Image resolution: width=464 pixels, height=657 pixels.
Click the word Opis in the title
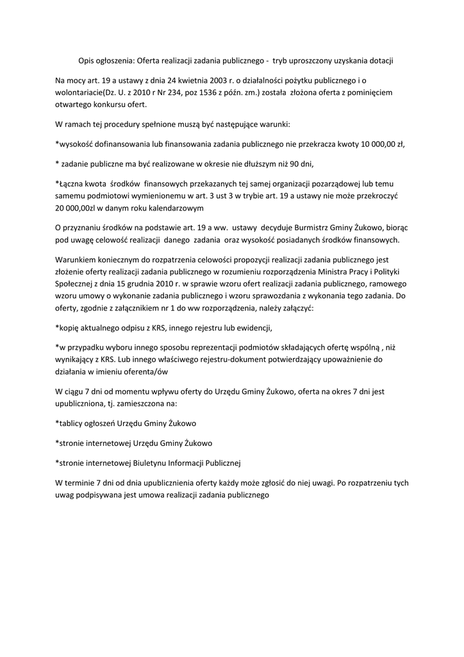tap(86, 60)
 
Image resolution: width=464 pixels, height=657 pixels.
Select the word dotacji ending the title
tap(379, 60)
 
